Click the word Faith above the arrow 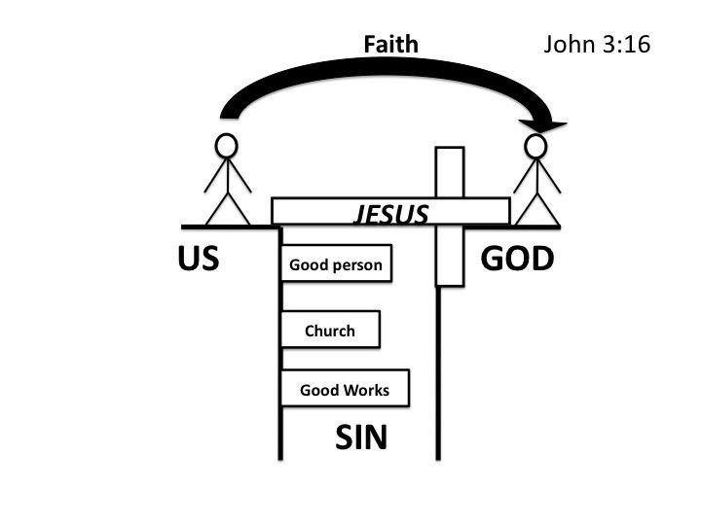390,44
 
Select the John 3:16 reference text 596,45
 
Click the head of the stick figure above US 227,146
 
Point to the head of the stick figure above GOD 535,147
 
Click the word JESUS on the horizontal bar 389,214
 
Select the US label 198,260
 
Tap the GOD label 518,260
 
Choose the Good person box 336,264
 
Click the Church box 330,331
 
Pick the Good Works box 345,390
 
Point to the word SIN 361,438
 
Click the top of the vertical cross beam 449,153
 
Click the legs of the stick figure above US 227,209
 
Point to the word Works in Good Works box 366,391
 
